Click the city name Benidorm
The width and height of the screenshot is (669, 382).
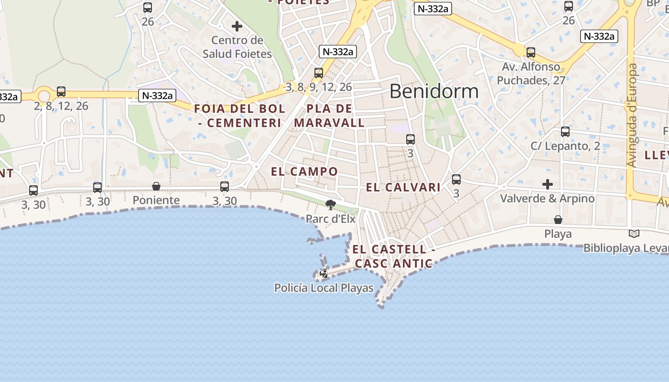[x=434, y=91]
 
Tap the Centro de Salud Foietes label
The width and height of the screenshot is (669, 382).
[x=237, y=47]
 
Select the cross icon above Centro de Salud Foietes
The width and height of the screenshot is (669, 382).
[x=237, y=26]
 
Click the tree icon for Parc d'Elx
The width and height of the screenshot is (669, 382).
[x=330, y=205]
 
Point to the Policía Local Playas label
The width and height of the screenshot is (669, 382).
[x=324, y=288]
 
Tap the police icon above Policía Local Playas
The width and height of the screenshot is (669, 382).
[x=324, y=274]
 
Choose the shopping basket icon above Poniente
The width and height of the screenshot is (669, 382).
[x=156, y=186]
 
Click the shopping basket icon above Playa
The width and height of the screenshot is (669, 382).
[x=558, y=220]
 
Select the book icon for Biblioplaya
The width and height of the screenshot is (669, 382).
[x=634, y=234]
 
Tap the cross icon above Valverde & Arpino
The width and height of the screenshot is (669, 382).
[x=548, y=184]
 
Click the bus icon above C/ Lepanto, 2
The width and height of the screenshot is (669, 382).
[x=565, y=132]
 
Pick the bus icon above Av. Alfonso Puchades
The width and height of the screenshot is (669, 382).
[x=531, y=53]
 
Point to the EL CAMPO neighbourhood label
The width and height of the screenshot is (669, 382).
[x=304, y=171]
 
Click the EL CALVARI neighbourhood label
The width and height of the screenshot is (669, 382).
[x=403, y=187]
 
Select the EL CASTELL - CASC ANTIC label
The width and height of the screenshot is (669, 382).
[x=394, y=256]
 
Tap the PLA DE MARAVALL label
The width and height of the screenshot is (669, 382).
[x=329, y=116]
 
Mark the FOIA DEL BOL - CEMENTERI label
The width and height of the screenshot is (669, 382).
[x=239, y=116]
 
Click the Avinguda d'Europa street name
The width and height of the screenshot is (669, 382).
[x=633, y=116]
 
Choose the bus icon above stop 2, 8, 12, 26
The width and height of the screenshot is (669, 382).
[x=61, y=92]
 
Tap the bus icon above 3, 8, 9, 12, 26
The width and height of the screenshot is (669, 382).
[x=319, y=73]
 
